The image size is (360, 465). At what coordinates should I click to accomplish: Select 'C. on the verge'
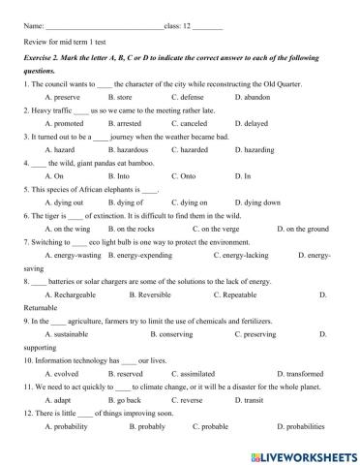[207, 230]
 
